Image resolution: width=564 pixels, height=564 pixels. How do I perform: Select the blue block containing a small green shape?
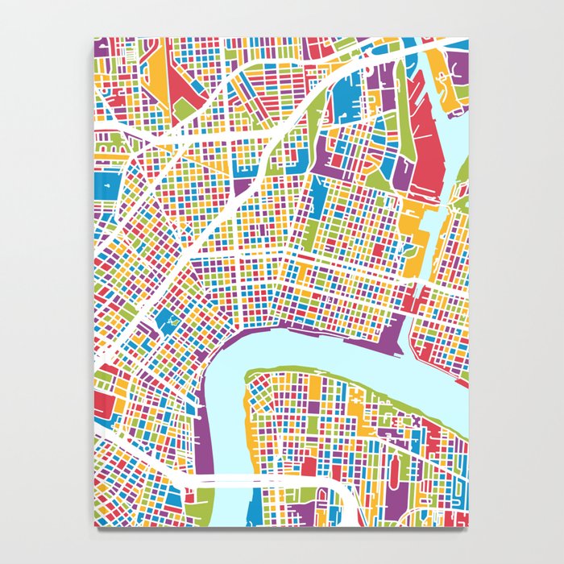tap(171, 323)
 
